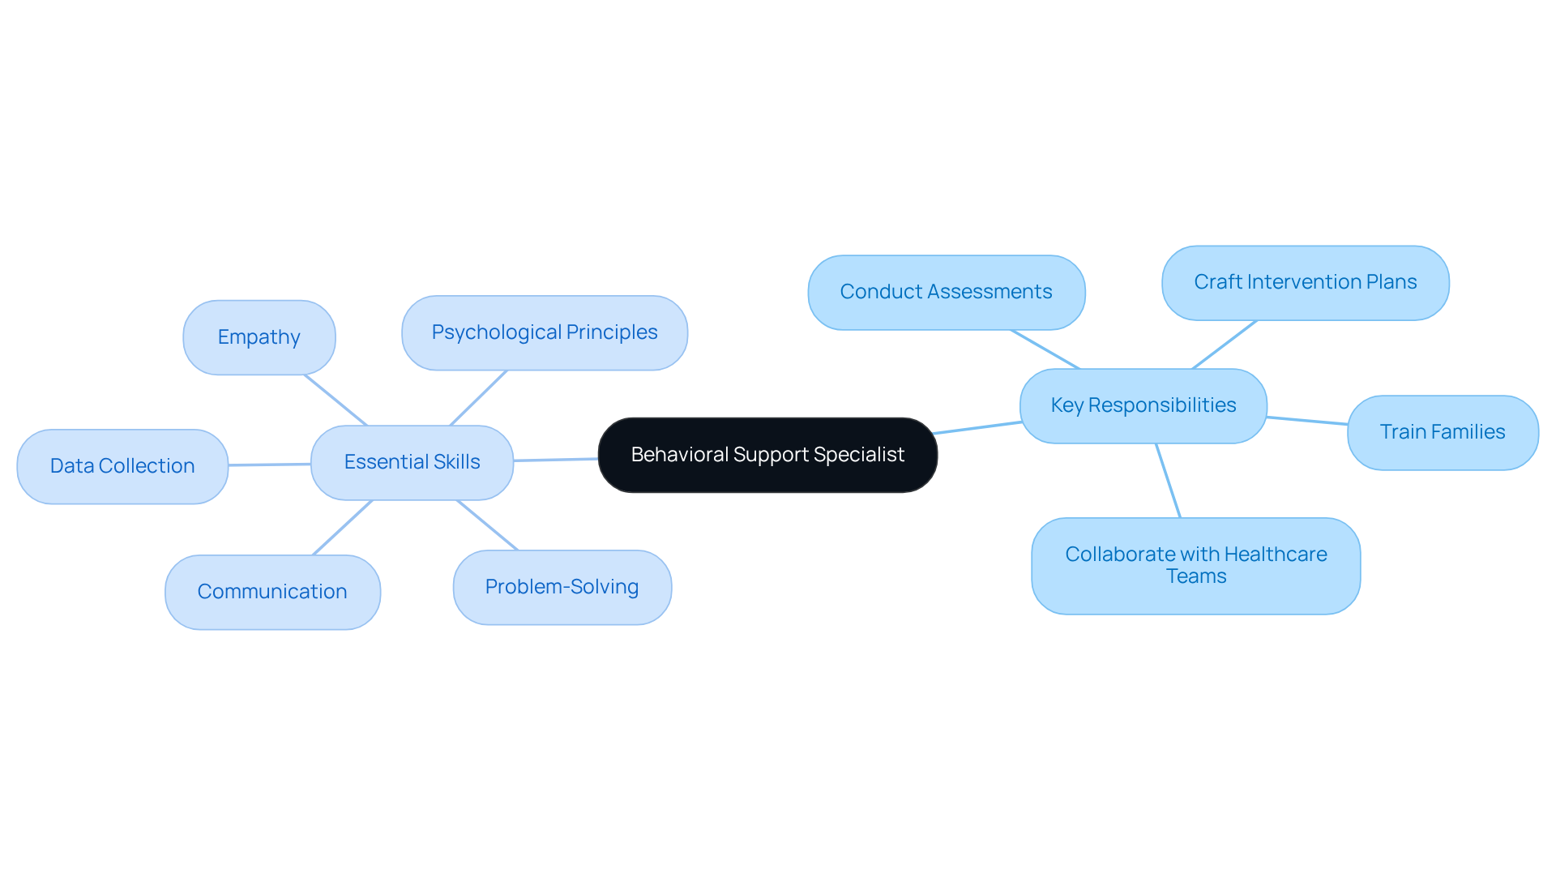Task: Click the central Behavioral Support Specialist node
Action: coord(767,455)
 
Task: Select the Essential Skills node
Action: coord(412,462)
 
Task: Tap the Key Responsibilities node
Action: coord(1143,405)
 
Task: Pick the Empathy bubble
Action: coord(259,337)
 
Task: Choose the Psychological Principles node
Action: coord(544,332)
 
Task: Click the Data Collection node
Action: coord(122,466)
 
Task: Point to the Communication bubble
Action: coord(272,592)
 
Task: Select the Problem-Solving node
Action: coord(562,587)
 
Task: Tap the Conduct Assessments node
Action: coord(946,292)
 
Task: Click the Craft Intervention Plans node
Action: coord(1305,282)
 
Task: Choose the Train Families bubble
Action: coord(1443,432)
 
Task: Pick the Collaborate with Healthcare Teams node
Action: coord(1195,565)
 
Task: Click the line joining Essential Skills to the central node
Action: coord(556,460)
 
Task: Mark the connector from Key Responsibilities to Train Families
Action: coord(1307,421)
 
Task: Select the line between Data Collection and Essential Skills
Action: coord(269,465)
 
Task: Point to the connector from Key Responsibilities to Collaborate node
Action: coord(1168,480)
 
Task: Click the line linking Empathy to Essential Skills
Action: coord(336,400)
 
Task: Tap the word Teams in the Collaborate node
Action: coord(1195,576)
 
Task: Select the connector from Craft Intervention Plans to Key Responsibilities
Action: coord(1225,345)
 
